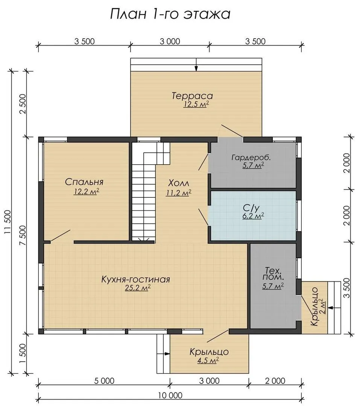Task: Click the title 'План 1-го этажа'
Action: [x=170, y=14]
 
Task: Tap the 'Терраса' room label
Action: [x=192, y=96]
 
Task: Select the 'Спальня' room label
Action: [x=84, y=182]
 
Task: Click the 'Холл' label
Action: [x=179, y=183]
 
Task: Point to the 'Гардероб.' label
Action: [x=251, y=158]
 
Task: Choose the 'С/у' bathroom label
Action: [x=251, y=208]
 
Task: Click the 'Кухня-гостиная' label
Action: [x=135, y=279]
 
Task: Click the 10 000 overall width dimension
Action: [x=170, y=395]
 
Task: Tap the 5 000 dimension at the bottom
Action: [x=105, y=380]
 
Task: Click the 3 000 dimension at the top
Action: [x=170, y=41]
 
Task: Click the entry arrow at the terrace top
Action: [x=196, y=65]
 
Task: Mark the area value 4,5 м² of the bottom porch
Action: [x=208, y=361]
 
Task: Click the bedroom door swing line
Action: [x=61, y=236]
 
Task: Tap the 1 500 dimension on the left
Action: [x=23, y=354]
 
